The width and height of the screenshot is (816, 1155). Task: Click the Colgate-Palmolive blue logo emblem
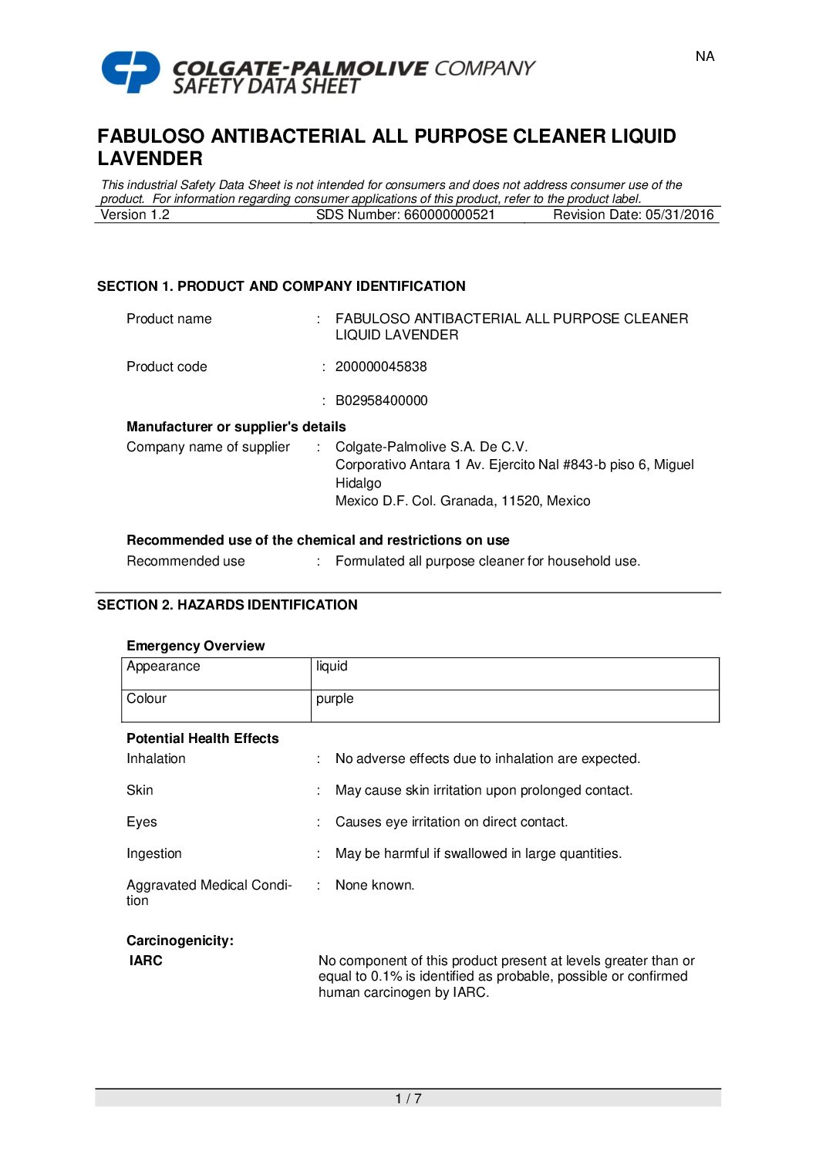[x=131, y=72]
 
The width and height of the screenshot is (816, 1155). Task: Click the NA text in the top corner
[x=704, y=56]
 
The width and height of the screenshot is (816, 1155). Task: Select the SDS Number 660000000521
[x=406, y=215]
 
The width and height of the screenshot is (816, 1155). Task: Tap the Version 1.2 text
[x=136, y=215]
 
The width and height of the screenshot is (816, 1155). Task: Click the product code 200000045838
[x=381, y=367]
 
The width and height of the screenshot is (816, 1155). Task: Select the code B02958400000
[x=381, y=401]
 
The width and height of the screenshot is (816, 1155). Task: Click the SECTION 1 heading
[x=281, y=286]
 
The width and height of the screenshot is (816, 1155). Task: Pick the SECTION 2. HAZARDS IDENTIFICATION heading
[x=227, y=605]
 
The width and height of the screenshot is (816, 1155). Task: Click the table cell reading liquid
[x=332, y=667]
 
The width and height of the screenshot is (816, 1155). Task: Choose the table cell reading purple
[x=335, y=699]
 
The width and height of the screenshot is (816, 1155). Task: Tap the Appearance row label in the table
[x=164, y=667]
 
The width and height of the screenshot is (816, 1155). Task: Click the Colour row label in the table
[x=147, y=699]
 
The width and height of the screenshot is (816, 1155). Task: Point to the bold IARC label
[x=146, y=961]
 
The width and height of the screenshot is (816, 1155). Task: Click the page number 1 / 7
[x=408, y=1099]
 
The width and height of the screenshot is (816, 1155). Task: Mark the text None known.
[x=375, y=886]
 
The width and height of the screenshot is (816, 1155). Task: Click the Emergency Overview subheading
[x=195, y=647]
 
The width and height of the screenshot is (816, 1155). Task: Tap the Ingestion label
[x=154, y=854]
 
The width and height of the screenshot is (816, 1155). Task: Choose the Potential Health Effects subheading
[x=202, y=739]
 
